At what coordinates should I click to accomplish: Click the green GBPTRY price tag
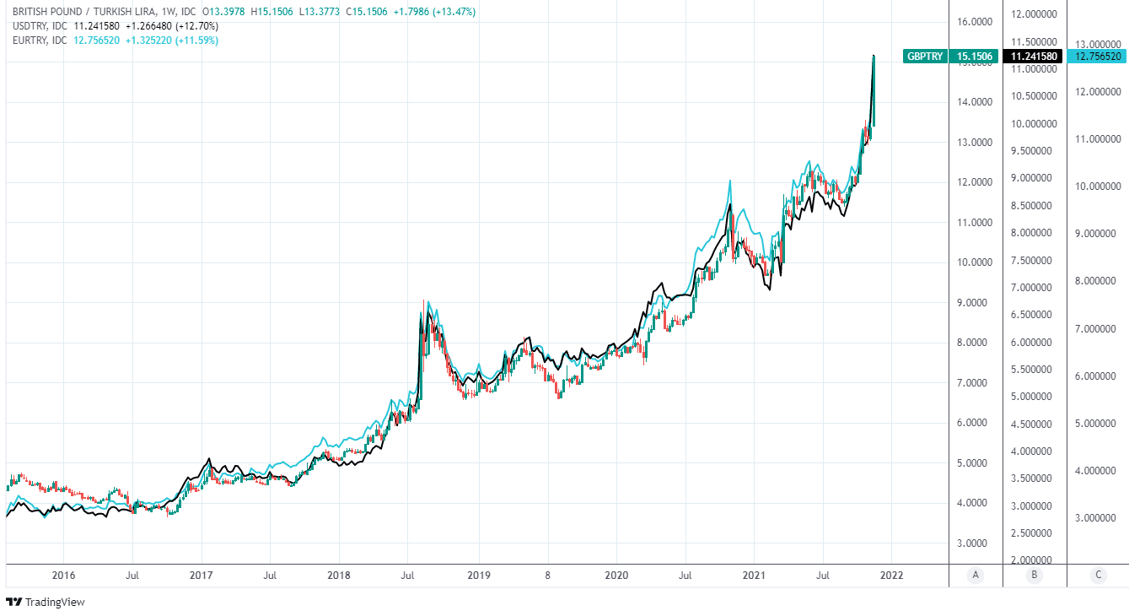pyautogui.click(x=950, y=57)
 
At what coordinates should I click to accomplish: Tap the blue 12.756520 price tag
pyautogui.click(x=1097, y=57)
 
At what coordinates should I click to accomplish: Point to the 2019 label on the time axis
pyautogui.click(x=478, y=576)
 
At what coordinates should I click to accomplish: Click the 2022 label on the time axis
pyautogui.click(x=892, y=576)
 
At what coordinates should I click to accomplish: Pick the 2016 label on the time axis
pyautogui.click(x=64, y=576)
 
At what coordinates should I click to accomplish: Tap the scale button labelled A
pyautogui.click(x=976, y=576)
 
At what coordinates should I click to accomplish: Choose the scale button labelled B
pyautogui.click(x=1035, y=576)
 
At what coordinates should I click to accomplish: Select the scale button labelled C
pyautogui.click(x=1098, y=576)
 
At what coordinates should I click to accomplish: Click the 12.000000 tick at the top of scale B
pyautogui.click(x=1034, y=14)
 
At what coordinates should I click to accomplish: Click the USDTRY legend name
pyautogui.click(x=30, y=26)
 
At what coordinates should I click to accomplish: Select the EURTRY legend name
pyautogui.click(x=30, y=40)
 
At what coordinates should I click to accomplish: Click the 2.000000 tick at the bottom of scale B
pyautogui.click(x=1034, y=560)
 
